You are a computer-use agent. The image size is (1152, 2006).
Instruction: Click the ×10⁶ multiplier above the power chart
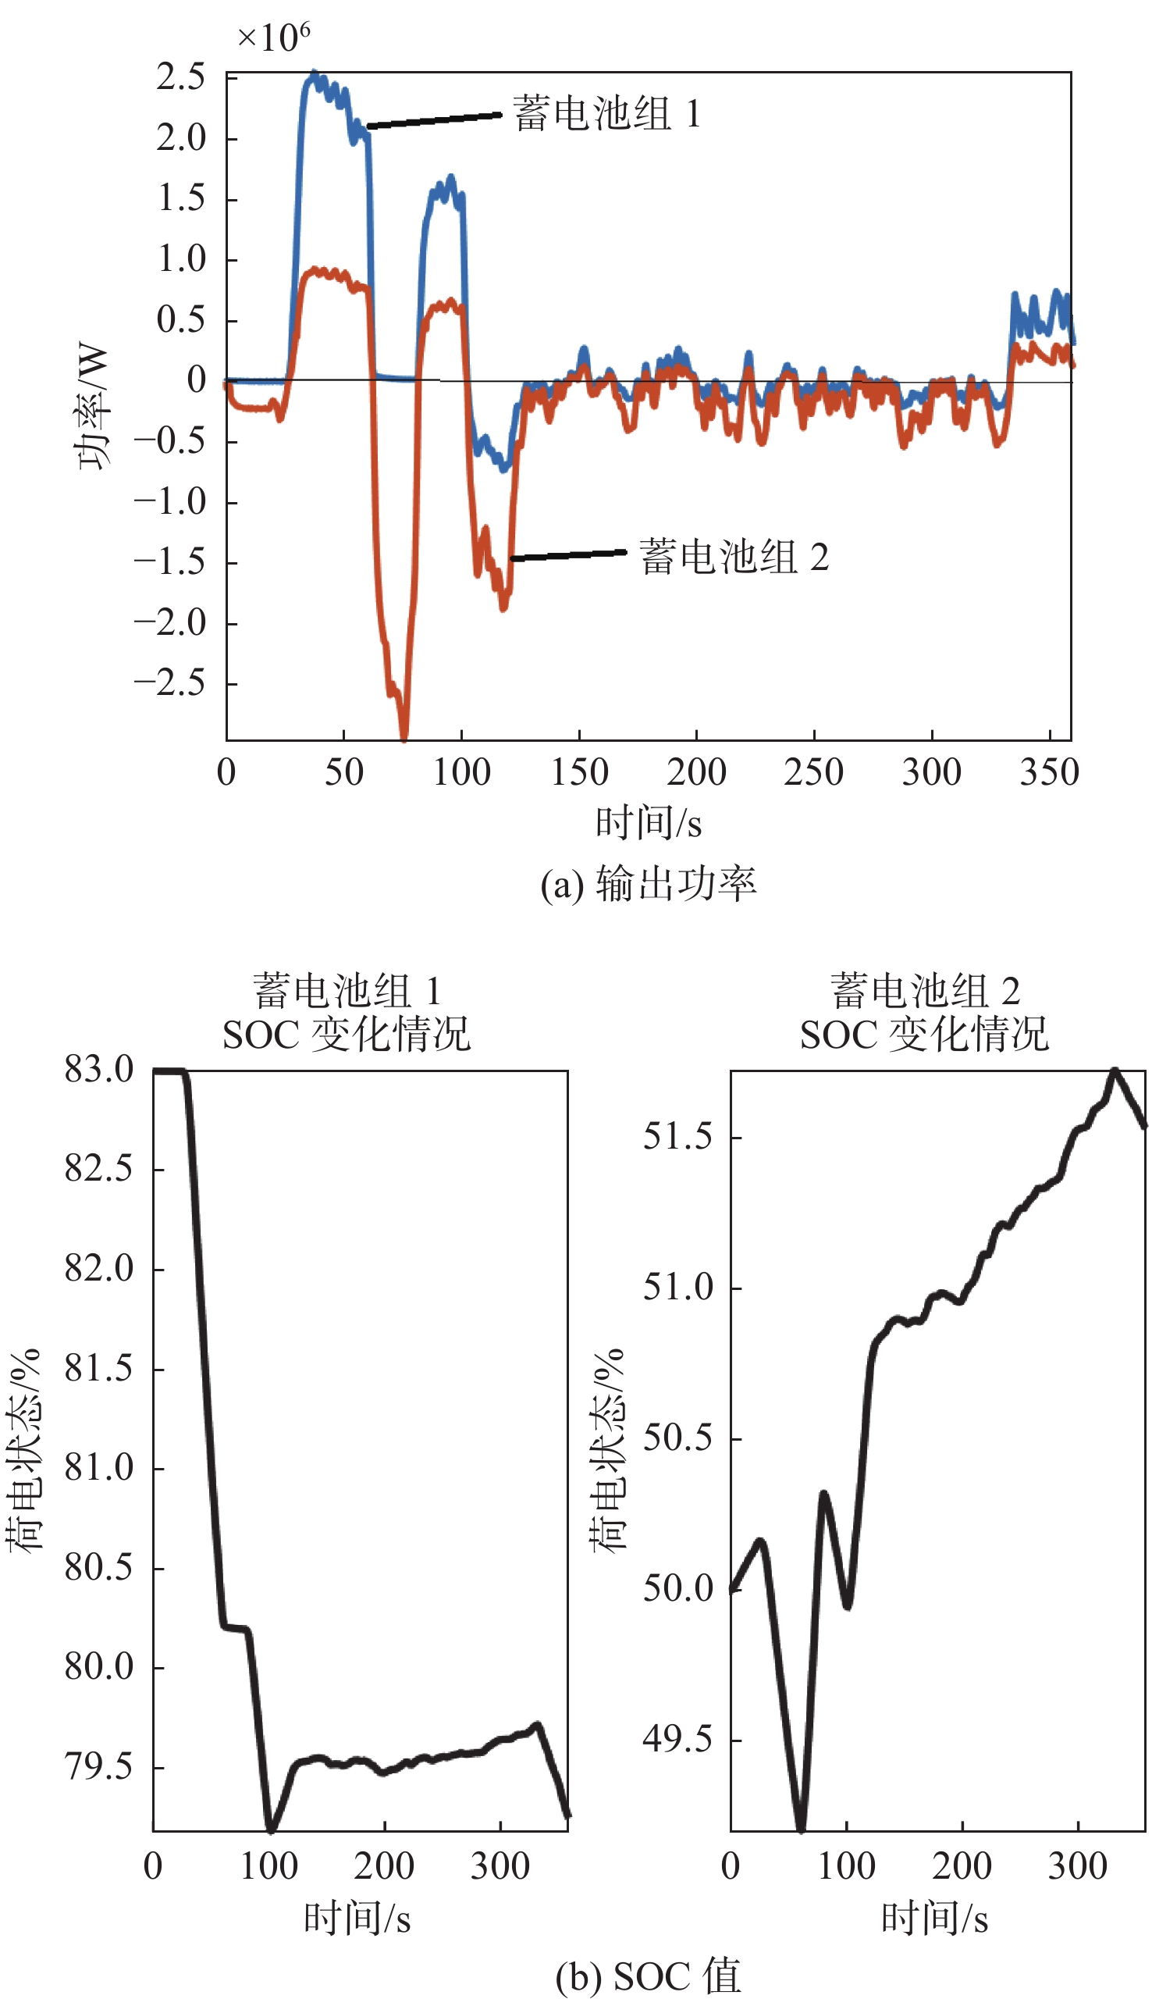274,37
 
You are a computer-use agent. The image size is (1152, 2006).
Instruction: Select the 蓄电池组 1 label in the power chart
606,113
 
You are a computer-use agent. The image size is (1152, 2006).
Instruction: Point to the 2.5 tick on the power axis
181,77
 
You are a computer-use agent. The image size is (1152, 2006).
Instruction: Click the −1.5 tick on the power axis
170,563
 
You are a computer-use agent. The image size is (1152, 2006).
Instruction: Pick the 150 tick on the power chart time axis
579,771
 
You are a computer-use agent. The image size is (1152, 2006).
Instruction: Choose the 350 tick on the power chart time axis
1049,771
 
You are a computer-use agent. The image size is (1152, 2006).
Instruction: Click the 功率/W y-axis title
92,406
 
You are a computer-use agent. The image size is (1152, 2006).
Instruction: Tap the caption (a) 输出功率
648,884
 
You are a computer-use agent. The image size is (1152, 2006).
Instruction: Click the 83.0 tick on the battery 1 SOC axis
100,1069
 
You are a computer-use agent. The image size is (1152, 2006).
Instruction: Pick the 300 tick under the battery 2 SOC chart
1077,1866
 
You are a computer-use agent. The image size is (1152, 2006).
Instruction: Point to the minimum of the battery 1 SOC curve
271,1828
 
